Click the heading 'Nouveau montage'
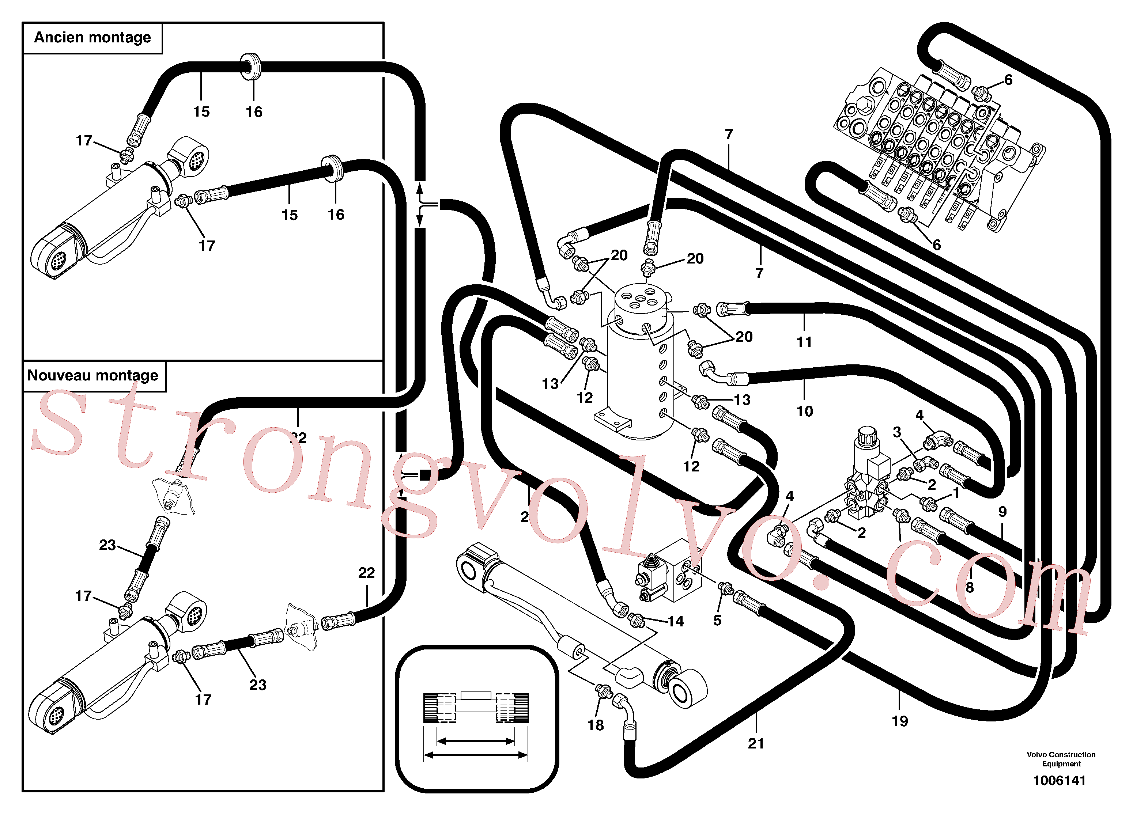click(92, 376)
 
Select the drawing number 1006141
click(1059, 781)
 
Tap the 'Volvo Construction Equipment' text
click(1061, 759)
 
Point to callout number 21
click(756, 744)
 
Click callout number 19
click(900, 721)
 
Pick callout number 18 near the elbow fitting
click(596, 725)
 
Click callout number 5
click(717, 620)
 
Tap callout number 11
click(804, 342)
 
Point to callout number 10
click(804, 411)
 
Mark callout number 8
click(970, 587)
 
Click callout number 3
click(897, 432)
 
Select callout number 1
click(956, 493)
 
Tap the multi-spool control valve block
click(939, 150)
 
